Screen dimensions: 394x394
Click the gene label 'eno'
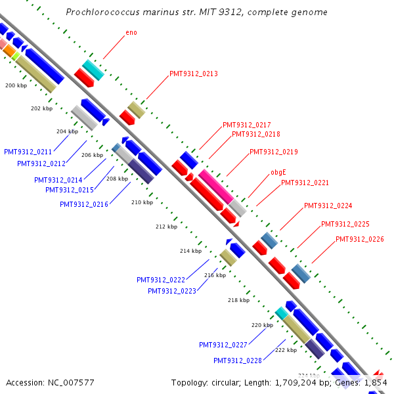point(131,32)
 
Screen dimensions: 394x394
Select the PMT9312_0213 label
point(194,74)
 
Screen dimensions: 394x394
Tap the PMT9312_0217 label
point(247,125)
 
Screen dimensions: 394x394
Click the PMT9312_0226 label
point(360,239)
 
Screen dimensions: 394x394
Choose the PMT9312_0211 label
point(28,152)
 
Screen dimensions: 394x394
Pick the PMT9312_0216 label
point(84,204)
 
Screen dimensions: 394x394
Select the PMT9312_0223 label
point(172,291)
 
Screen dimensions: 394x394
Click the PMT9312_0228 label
point(238,361)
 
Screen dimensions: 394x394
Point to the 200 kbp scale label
point(16,86)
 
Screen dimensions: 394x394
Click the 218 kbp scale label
point(238,300)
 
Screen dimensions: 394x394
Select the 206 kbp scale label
point(92,155)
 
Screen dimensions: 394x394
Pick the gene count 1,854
point(375,382)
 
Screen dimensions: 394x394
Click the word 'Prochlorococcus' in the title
point(104,12)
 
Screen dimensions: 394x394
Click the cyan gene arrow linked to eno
point(93,70)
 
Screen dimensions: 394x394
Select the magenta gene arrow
point(216,186)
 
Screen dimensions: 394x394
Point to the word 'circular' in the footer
point(226,382)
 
